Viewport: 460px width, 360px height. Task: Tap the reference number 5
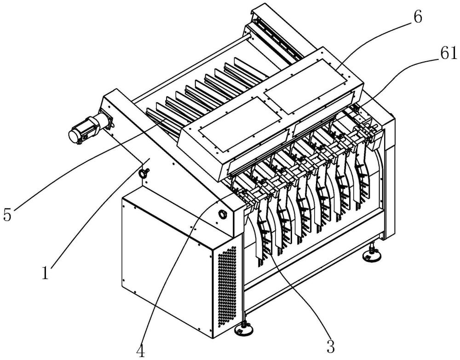point(7,214)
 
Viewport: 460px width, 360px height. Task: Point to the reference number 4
point(141,350)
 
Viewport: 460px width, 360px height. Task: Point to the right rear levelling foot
point(372,255)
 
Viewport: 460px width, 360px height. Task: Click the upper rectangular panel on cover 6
point(307,86)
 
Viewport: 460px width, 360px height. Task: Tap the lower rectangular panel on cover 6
point(240,124)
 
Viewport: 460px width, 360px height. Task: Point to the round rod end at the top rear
point(250,37)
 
